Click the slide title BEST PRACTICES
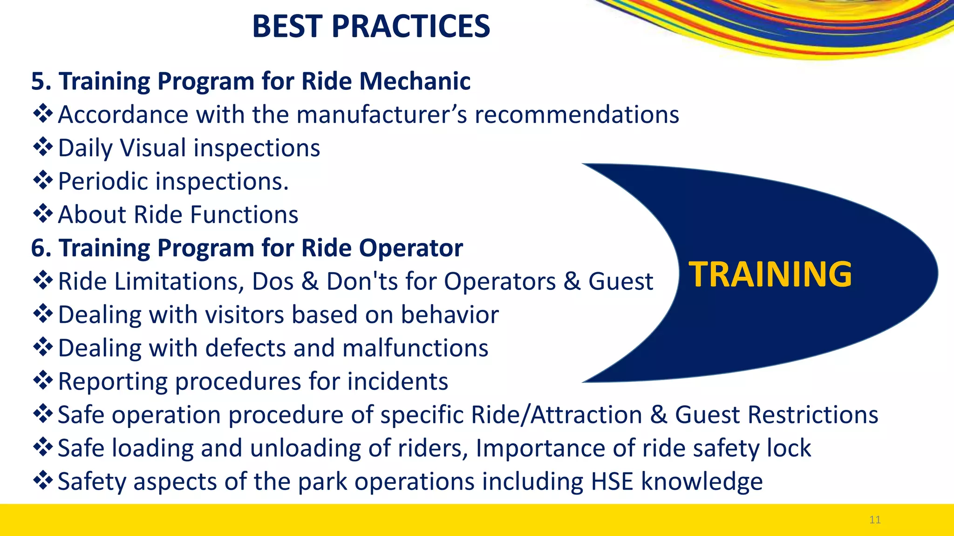point(371,26)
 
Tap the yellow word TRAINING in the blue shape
point(770,274)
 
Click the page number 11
point(875,520)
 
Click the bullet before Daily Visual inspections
point(43,147)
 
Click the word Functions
point(244,214)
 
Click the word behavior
point(450,315)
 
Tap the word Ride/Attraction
point(557,415)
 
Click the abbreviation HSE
point(612,481)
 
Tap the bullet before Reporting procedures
point(43,381)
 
